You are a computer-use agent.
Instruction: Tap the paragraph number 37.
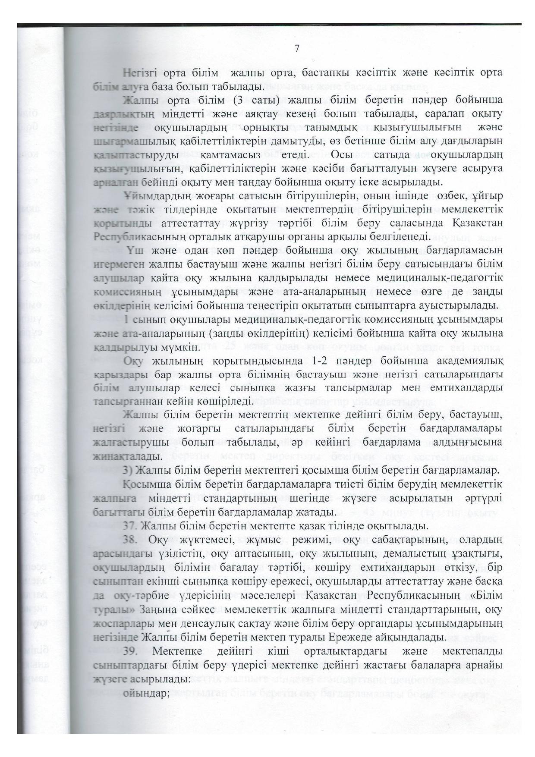[x=131, y=526]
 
